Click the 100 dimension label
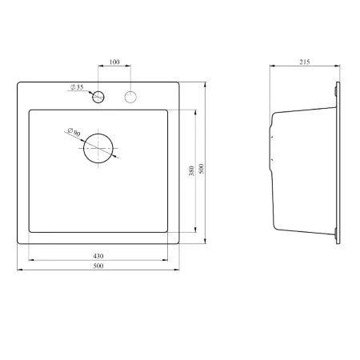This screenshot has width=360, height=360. [114, 62]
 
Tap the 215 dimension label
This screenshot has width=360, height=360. [305, 62]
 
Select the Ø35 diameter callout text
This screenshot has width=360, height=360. [77, 87]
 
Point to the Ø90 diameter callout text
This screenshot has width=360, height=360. [74, 132]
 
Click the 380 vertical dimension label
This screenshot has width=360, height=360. [191, 170]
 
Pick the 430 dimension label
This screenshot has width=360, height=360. [98, 256]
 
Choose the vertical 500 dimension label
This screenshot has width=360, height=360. [202, 169]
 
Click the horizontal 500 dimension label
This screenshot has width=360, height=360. [98, 266]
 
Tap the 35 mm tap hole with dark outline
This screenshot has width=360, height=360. [98, 97]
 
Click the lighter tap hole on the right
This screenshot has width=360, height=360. [130, 97]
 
